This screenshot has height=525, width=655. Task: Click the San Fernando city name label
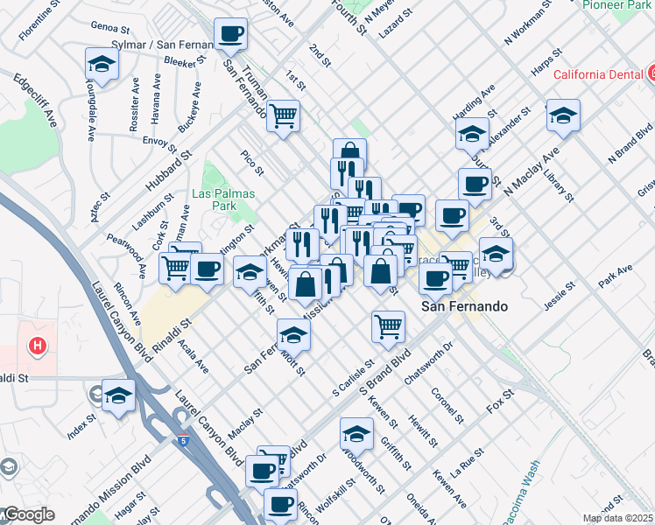pyautogui.click(x=464, y=307)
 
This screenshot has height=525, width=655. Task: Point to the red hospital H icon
pyautogui.click(x=37, y=346)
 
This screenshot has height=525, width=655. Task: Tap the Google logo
pyautogui.click(x=28, y=515)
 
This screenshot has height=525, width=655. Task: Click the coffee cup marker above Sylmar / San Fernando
pyautogui.click(x=231, y=34)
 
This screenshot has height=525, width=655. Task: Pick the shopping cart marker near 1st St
pyautogui.click(x=283, y=114)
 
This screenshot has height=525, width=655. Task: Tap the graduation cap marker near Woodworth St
pyautogui.click(x=356, y=432)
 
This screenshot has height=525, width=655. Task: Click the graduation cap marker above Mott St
pyautogui.click(x=293, y=333)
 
